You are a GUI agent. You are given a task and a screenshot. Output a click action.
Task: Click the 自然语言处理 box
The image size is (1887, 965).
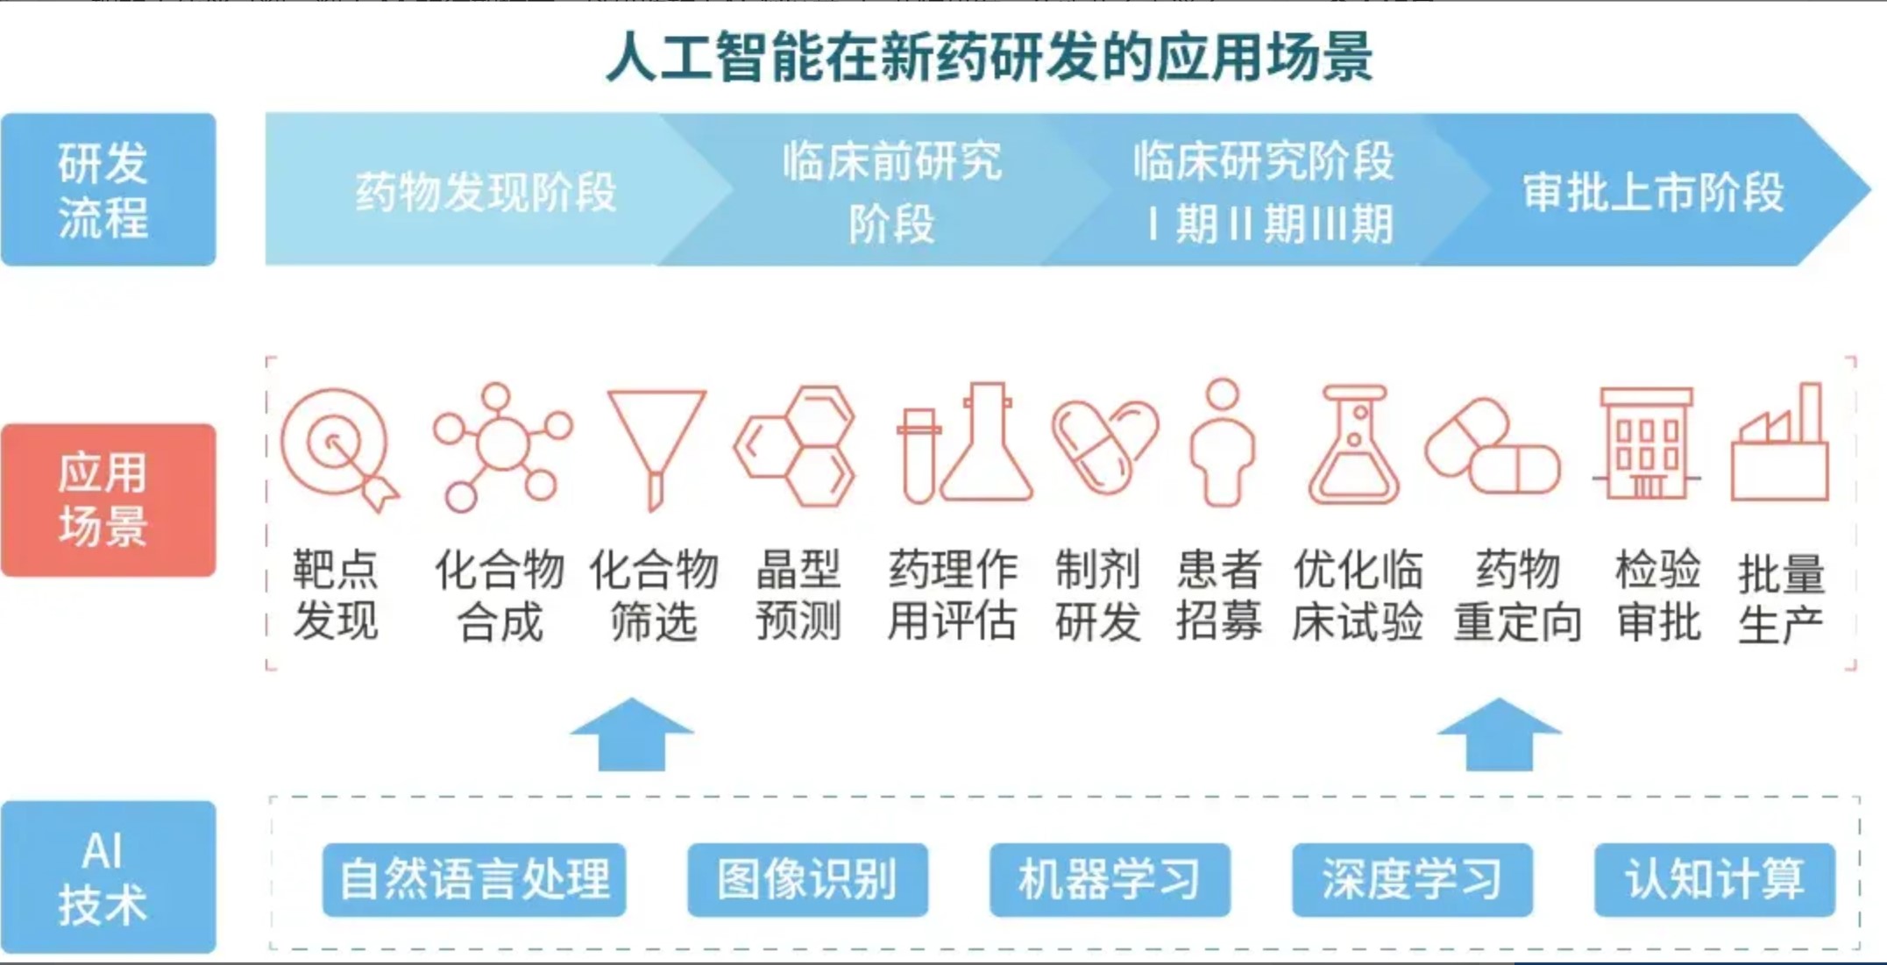(x=474, y=879)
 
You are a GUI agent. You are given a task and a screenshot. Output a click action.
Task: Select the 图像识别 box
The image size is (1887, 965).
(x=807, y=879)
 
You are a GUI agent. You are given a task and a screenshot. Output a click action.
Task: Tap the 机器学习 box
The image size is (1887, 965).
(x=1110, y=879)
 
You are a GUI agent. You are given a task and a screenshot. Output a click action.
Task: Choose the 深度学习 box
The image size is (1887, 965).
(x=1412, y=879)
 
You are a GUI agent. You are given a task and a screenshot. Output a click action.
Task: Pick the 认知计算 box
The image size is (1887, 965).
(x=1714, y=879)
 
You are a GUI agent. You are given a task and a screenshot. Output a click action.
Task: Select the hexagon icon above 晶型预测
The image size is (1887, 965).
(x=795, y=446)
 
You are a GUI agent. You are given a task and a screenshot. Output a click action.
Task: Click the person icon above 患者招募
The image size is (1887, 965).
(x=1223, y=443)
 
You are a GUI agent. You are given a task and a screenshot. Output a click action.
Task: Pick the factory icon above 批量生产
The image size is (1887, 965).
(x=1780, y=442)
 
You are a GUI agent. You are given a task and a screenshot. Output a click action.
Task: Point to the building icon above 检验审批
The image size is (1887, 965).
(x=1646, y=443)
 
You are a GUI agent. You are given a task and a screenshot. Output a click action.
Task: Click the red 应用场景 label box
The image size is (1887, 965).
(x=109, y=500)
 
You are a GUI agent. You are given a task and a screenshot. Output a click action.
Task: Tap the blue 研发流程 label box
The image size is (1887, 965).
(x=109, y=189)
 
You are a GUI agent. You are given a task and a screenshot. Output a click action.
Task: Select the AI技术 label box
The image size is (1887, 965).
(x=109, y=876)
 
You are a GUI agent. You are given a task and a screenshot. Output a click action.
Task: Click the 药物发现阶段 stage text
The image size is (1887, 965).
(x=486, y=192)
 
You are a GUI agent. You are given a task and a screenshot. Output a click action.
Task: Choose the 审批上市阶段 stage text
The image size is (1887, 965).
(x=1653, y=192)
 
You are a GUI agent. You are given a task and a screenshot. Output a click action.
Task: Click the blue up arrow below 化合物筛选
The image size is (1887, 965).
(x=632, y=734)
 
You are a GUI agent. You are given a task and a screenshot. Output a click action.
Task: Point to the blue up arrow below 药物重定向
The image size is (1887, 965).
(x=1499, y=734)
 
